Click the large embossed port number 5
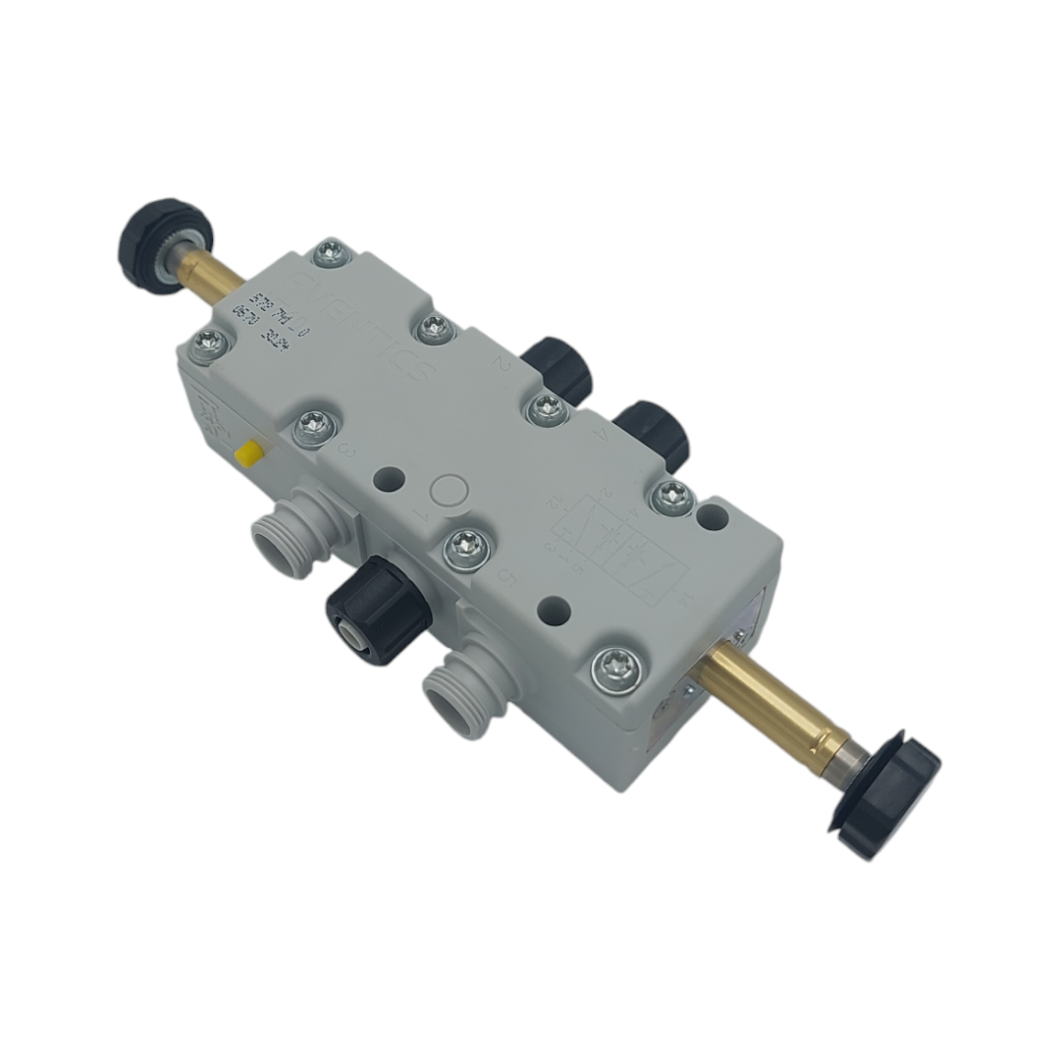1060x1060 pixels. click(508, 578)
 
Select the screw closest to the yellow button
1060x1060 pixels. click(312, 427)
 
